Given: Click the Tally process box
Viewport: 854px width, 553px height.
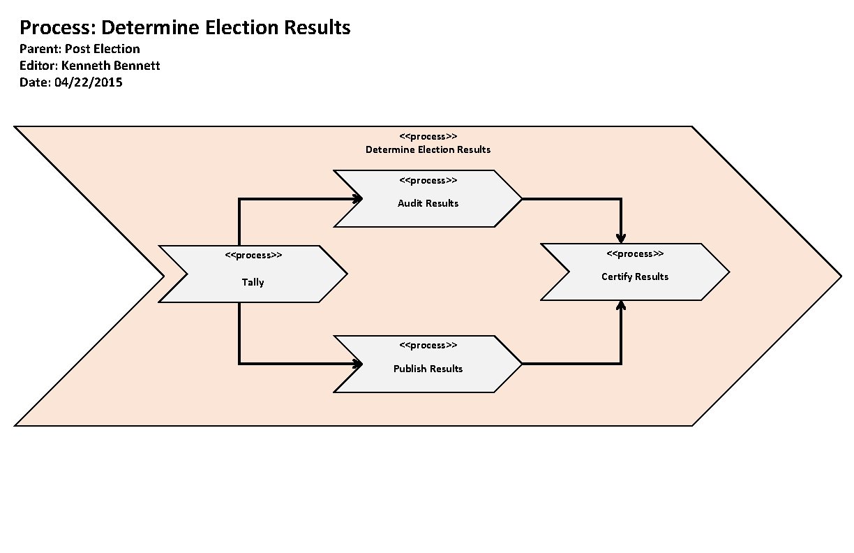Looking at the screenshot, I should click(253, 282).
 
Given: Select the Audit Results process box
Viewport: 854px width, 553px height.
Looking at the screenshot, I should click(428, 203).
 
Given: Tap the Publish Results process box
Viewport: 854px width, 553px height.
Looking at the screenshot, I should click(428, 369).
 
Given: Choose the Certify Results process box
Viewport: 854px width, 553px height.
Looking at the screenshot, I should click(635, 276).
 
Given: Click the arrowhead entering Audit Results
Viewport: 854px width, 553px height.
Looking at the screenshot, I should click(358, 199).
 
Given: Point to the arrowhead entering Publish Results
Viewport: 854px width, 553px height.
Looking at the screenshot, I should click(358, 364).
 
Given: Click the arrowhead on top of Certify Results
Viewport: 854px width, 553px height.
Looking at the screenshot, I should click(621, 238).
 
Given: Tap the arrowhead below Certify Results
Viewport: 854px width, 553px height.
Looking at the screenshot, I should click(621, 306).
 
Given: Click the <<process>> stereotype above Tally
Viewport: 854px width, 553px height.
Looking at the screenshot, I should click(253, 255).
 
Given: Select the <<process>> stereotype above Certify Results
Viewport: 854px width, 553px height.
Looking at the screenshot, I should click(635, 253).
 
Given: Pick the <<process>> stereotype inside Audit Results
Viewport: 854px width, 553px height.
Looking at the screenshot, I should click(428, 180).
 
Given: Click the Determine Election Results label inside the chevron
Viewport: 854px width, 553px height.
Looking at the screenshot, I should click(428, 149).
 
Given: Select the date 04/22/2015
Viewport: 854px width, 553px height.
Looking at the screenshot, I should click(88, 82).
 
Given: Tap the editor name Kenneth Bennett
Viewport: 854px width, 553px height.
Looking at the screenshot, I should click(110, 66).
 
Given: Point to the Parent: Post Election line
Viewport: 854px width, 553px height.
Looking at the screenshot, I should click(80, 49).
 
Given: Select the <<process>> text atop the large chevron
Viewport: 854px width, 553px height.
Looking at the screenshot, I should click(428, 136).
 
